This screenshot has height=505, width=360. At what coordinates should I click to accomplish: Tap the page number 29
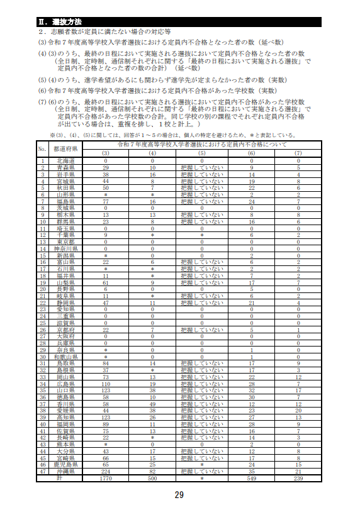[x=179, y=495]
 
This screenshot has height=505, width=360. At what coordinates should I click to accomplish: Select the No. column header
[x=42, y=149]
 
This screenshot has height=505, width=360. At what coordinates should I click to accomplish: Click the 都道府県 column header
[x=65, y=149]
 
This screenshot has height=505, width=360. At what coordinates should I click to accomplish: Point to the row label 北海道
[x=65, y=161]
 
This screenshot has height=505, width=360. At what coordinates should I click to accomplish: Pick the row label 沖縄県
[x=65, y=470]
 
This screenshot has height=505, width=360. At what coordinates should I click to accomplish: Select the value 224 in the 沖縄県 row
[x=106, y=470]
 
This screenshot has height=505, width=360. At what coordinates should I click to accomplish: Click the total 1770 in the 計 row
[x=106, y=477]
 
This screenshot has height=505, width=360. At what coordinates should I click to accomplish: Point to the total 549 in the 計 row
[x=251, y=477]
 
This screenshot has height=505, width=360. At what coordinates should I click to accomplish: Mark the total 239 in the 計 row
[x=298, y=477]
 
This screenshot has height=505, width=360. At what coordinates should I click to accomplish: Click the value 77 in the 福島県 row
[x=106, y=201]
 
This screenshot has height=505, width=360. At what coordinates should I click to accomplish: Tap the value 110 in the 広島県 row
[x=106, y=383]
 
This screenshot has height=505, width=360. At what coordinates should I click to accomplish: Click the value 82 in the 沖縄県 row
[x=152, y=470]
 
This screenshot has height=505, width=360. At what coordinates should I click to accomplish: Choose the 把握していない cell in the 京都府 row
[x=201, y=329]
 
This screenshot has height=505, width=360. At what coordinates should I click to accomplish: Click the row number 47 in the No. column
[x=42, y=470]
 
